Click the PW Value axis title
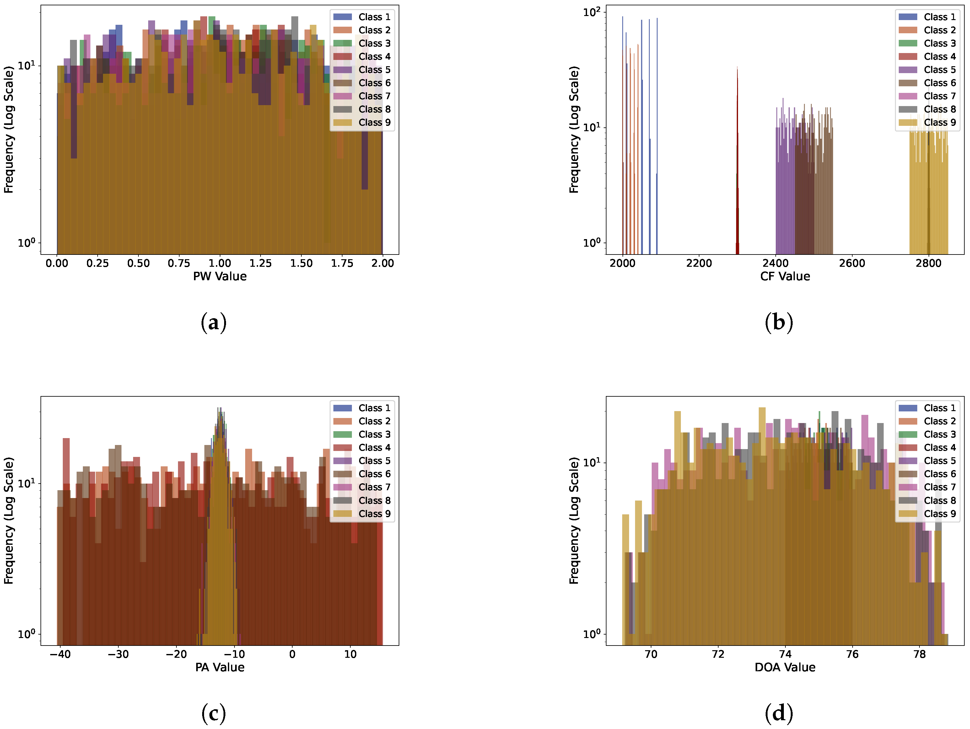click(220, 276)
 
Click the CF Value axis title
click(785, 276)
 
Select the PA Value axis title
click(220, 667)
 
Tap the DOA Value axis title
click(785, 667)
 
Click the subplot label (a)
click(213, 323)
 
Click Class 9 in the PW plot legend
click(374, 122)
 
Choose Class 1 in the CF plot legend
click(939, 17)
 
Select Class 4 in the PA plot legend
click(374, 448)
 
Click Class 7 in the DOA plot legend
click(939, 487)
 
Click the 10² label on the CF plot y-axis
click(591, 12)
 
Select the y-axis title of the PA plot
click(9, 520)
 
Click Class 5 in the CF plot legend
click(939, 70)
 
